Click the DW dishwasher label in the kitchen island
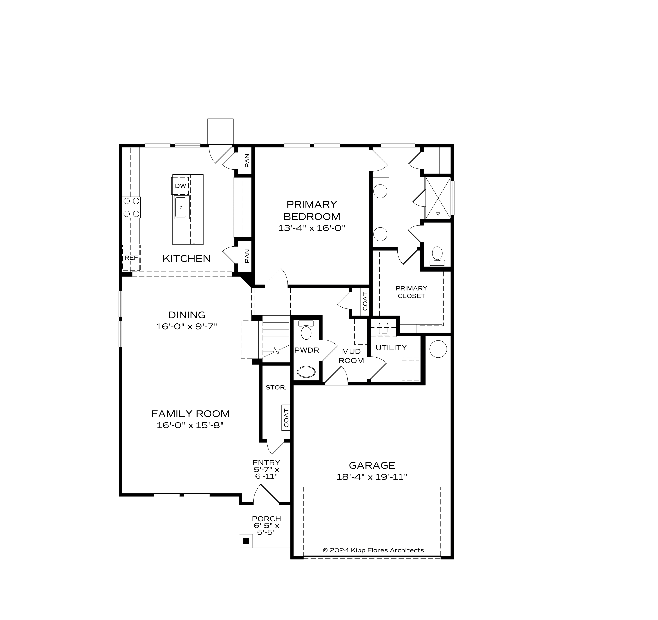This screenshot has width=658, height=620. pyautogui.click(x=180, y=186)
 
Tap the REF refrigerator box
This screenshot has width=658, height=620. pyautogui.click(x=131, y=258)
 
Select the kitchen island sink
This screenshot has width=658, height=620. pyautogui.click(x=181, y=207)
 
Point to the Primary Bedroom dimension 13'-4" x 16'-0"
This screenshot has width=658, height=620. pyautogui.click(x=311, y=228)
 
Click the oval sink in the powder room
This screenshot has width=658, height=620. pyautogui.click(x=306, y=372)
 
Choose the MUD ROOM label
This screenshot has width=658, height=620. pyautogui.click(x=351, y=356)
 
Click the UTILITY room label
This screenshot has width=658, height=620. pyautogui.click(x=391, y=348)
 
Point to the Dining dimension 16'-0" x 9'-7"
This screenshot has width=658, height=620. pyautogui.click(x=186, y=327)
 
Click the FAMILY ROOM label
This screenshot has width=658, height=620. pyautogui.click(x=190, y=414)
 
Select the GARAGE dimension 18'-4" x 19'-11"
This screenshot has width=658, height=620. pyautogui.click(x=372, y=477)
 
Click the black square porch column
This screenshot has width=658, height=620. pyautogui.click(x=246, y=541)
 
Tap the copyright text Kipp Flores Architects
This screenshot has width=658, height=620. pyautogui.click(x=373, y=550)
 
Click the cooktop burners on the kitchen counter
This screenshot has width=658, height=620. pyautogui.click(x=131, y=207)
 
